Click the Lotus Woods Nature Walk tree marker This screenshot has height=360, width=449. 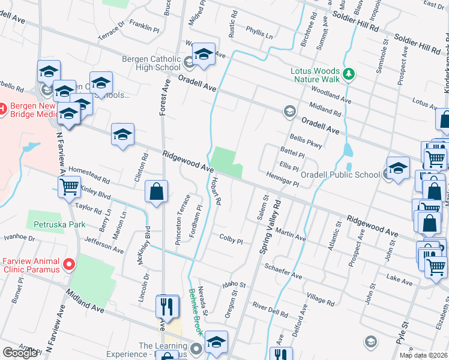tap(348, 74)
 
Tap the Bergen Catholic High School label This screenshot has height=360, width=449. tap(151, 63)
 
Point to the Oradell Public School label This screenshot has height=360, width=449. tap(340, 175)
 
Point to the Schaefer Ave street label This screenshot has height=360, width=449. tap(283, 274)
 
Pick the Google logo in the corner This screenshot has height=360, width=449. tap(20, 352)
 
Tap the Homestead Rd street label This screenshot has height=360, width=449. tap(89, 176)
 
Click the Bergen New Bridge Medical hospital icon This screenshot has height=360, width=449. tap(1, 110)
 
